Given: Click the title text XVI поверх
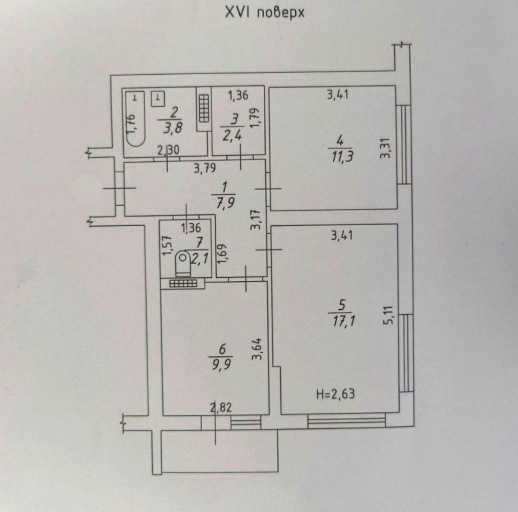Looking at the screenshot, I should click(265, 13).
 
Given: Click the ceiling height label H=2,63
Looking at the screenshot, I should click(336, 393).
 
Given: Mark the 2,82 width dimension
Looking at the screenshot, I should click(221, 408).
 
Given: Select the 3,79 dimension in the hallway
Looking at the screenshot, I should click(205, 169).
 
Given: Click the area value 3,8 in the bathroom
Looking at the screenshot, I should click(173, 128).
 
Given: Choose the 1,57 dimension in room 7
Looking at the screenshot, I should click(167, 246).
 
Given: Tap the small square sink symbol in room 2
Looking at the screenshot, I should click(158, 99).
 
